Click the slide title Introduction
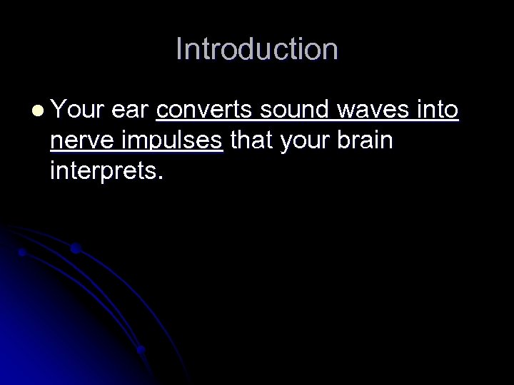pyautogui.click(x=257, y=49)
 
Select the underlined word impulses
pyautogui.click(x=172, y=142)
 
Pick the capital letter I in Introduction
pyautogui.click(x=179, y=49)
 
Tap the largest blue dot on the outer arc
pyautogui.click(x=75, y=249)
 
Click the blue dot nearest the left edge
pyautogui.click(x=22, y=252)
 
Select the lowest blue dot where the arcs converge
pyautogui.click(x=141, y=349)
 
